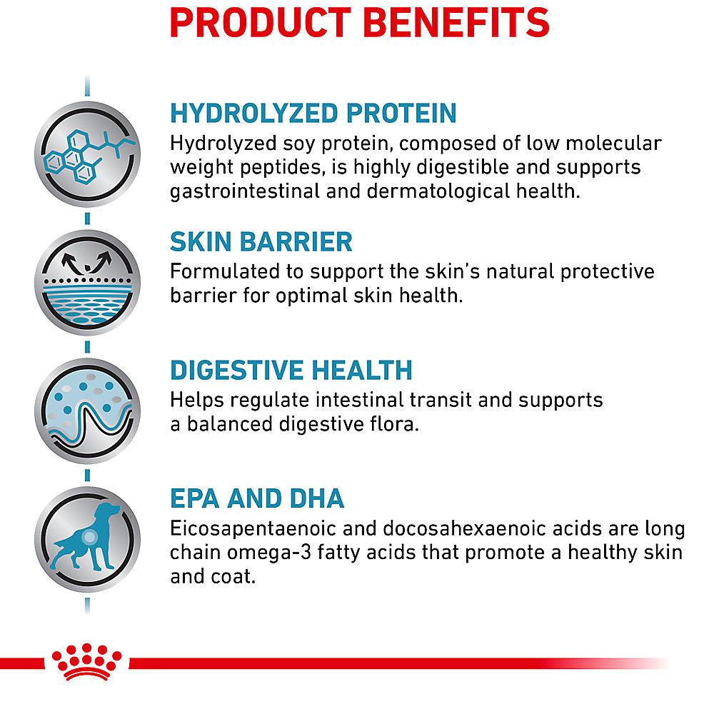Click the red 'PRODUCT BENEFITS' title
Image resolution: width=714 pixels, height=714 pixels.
point(359,23)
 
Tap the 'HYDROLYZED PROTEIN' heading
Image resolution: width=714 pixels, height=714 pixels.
point(313,114)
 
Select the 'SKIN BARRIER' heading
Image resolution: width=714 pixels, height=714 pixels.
point(261,242)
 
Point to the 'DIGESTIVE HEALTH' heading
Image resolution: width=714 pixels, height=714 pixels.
point(291,370)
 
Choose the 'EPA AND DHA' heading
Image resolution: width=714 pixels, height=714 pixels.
point(257,498)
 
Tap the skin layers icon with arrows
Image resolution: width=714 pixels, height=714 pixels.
point(87,283)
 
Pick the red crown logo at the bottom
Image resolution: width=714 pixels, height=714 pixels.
point(87,662)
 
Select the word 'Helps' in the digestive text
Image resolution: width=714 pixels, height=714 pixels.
point(197,401)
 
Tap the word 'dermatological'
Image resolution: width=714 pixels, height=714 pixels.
point(438,191)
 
